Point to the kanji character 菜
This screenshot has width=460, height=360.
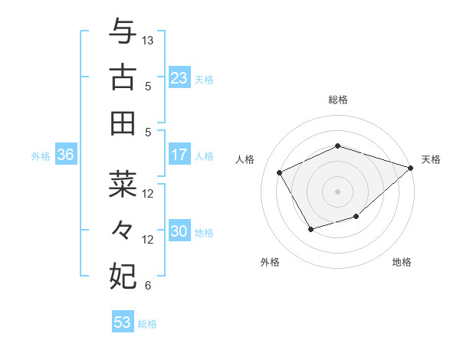click(x=123, y=184)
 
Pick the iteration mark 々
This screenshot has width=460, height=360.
click(x=123, y=230)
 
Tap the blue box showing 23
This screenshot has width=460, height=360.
click(x=179, y=78)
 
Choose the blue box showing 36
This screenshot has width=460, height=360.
click(x=66, y=155)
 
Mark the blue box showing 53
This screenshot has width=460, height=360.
click(x=123, y=322)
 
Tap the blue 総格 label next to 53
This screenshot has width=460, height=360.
click(x=147, y=324)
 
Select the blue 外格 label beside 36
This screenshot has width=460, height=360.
click(x=41, y=156)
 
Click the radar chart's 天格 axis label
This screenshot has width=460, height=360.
click(x=432, y=159)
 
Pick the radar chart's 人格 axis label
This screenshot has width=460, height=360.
click(x=245, y=159)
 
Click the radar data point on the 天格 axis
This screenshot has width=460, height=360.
click(x=411, y=167)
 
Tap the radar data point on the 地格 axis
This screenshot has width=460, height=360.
click(x=356, y=218)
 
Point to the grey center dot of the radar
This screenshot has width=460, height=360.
click(x=337, y=191)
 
